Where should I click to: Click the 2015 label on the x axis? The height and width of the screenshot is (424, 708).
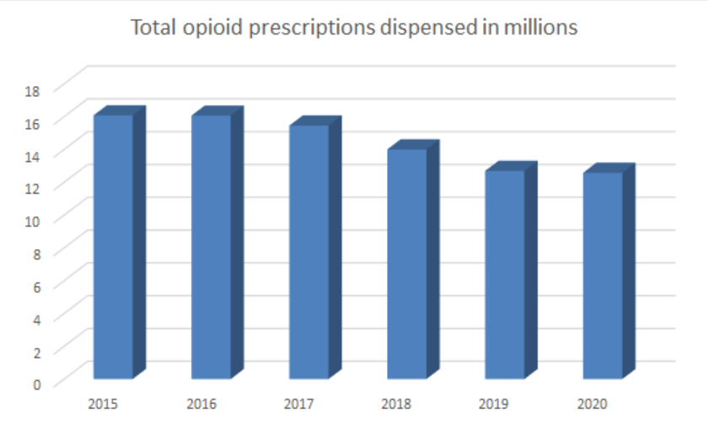click(104, 403)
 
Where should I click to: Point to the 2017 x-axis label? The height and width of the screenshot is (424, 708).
click(299, 403)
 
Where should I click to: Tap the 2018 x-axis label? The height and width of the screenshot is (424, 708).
click(397, 403)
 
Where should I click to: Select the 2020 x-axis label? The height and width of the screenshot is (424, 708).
click(593, 403)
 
